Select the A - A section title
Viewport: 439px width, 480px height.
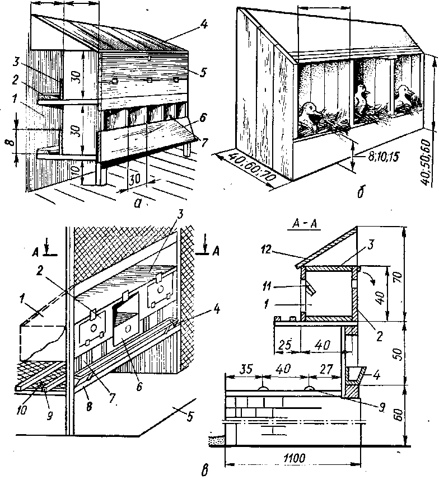(x=305, y=225)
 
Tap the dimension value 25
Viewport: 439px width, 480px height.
(x=284, y=346)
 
